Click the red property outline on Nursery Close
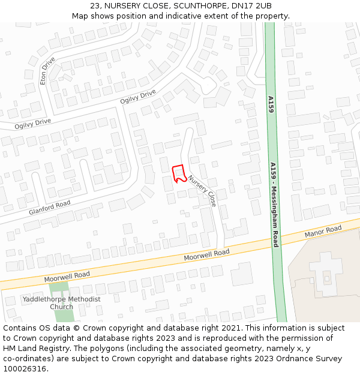(x=178, y=173)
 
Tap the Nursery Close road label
(x=202, y=191)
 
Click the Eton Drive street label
(x=46, y=71)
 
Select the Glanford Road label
(x=49, y=208)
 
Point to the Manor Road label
(x=323, y=231)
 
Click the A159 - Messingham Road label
(x=274, y=205)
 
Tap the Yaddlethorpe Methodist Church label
(x=61, y=302)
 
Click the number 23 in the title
(x=95, y=6)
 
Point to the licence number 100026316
(x=25, y=368)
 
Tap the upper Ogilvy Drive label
(x=138, y=97)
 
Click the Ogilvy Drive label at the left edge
(x=33, y=122)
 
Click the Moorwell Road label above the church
(x=67, y=277)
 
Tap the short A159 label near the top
(x=271, y=107)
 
